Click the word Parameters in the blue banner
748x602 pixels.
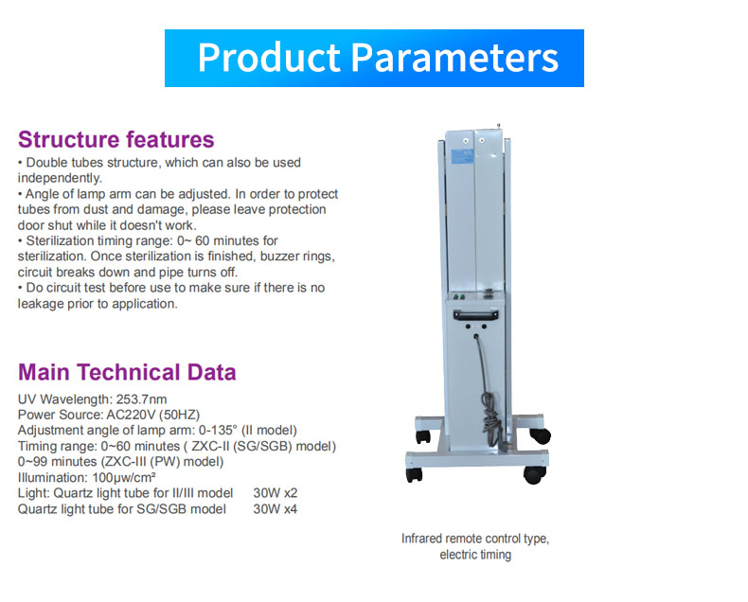pyautogui.click(x=455, y=58)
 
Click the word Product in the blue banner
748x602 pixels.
pyautogui.click(x=269, y=58)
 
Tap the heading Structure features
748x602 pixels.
pyautogui.click(x=116, y=140)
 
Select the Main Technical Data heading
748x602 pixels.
pyautogui.click(x=127, y=372)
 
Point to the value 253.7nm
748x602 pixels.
pyautogui.click(x=142, y=399)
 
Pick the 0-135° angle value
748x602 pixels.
pyautogui.click(x=218, y=431)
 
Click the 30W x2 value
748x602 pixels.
pyautogui.click(x=276, y=493)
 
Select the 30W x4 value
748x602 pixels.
pyautogui.click(x=276, y=509)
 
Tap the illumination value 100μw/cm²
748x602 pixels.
pyautogui.click(x=124, y=477)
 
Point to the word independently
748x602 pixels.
pyautogui.click(x=60, y=178)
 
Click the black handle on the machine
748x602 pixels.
pyautogui.click(x=475, y=315)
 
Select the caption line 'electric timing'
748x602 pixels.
pyautogui.click(x=475, y=555)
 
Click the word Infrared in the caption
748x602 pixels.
pyautogui.click(x=422, y=539)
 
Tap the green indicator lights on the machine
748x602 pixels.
pyautogui.click(x=458, y=296)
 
